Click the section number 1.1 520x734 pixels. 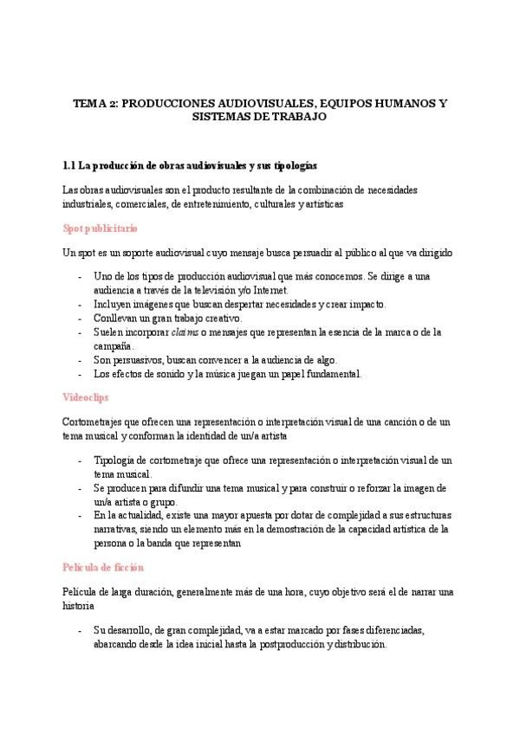tap(71, 164)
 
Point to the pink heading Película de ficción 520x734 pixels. tap(103, 567)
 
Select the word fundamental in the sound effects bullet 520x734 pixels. tap(330, 374)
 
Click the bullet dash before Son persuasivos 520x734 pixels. tap(80, 360)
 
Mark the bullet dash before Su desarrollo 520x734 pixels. tap(80, 631)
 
